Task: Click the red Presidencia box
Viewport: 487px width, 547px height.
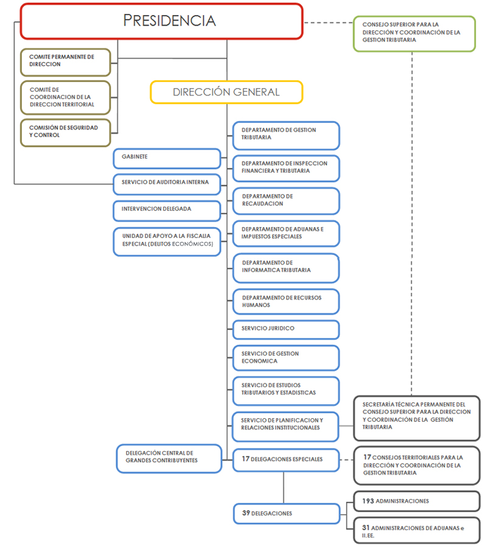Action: point(161,21)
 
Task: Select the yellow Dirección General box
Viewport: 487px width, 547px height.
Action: point(226,92)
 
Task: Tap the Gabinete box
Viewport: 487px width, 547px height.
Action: point(167,158)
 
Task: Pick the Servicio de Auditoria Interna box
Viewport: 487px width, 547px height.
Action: point(167,183)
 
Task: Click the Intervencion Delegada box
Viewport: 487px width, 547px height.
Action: point(167,210)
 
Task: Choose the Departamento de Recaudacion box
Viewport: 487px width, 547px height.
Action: point(286,201)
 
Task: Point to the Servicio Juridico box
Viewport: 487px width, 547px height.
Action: point(286,329)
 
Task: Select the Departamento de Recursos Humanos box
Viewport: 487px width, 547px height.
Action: point(286,301)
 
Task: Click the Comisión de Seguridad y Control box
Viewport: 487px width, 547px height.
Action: point(66,132)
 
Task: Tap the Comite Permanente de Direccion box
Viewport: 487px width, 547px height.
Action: point(66,61)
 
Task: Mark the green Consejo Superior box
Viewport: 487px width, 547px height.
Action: point(414,33)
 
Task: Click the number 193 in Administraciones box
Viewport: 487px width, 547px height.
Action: point(368,501)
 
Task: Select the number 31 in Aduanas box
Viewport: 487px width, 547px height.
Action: point(366,529)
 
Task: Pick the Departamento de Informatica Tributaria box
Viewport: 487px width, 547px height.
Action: point(286,267)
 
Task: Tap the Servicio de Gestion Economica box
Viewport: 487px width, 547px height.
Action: point(286,358)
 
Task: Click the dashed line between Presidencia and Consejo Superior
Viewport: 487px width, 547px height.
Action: point(329,22)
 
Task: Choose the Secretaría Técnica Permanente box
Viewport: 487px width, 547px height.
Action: point(416,416)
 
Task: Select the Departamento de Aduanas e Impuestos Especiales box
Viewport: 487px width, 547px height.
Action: point(286,233)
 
